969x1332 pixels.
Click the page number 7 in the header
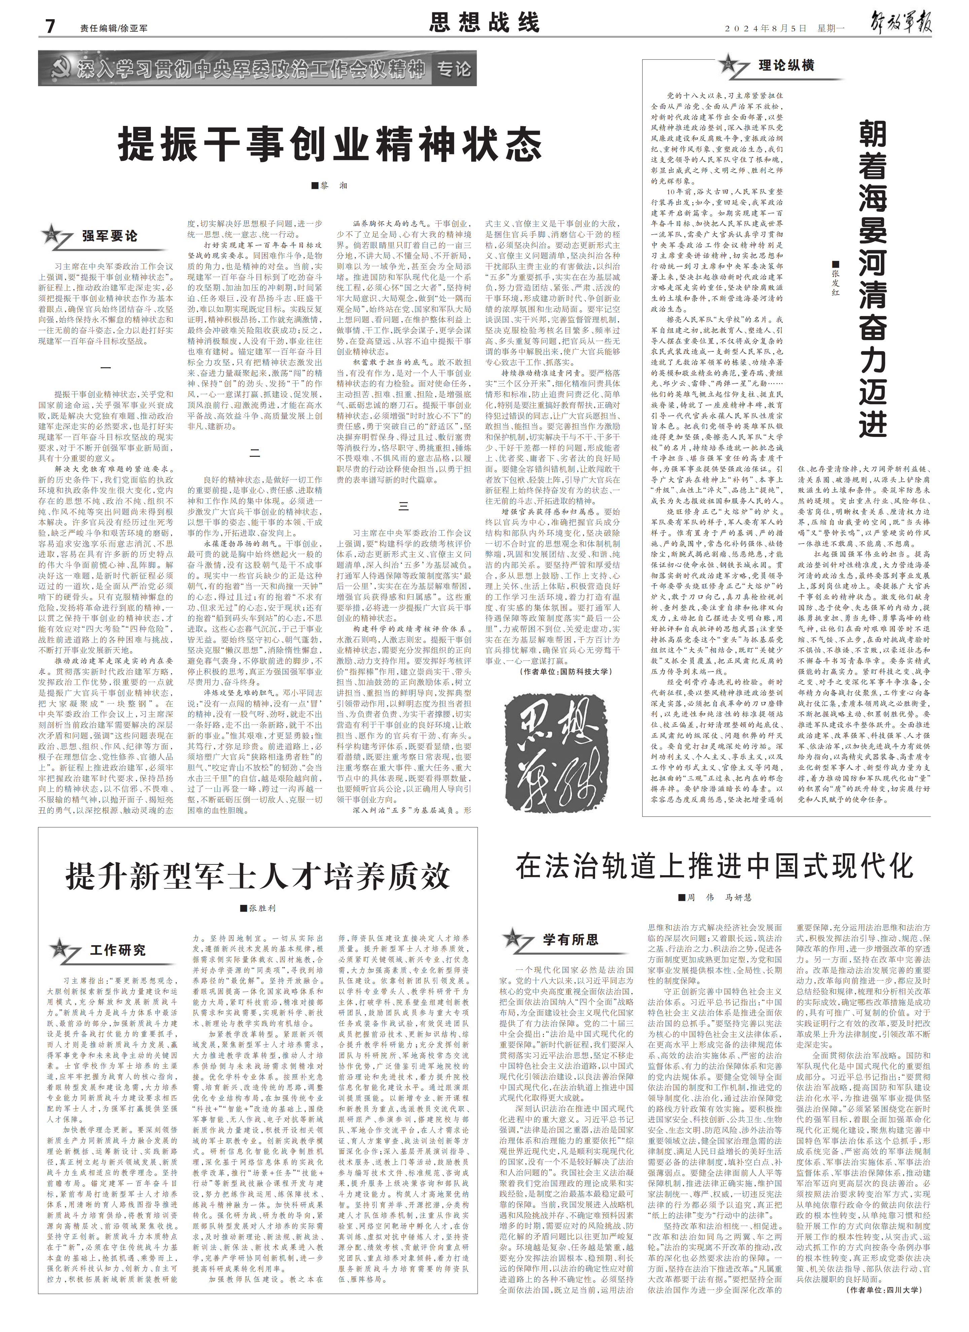(x=50, y=26)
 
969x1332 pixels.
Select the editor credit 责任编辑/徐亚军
(x=114, y=28)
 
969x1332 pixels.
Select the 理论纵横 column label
(x=786, y=65)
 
